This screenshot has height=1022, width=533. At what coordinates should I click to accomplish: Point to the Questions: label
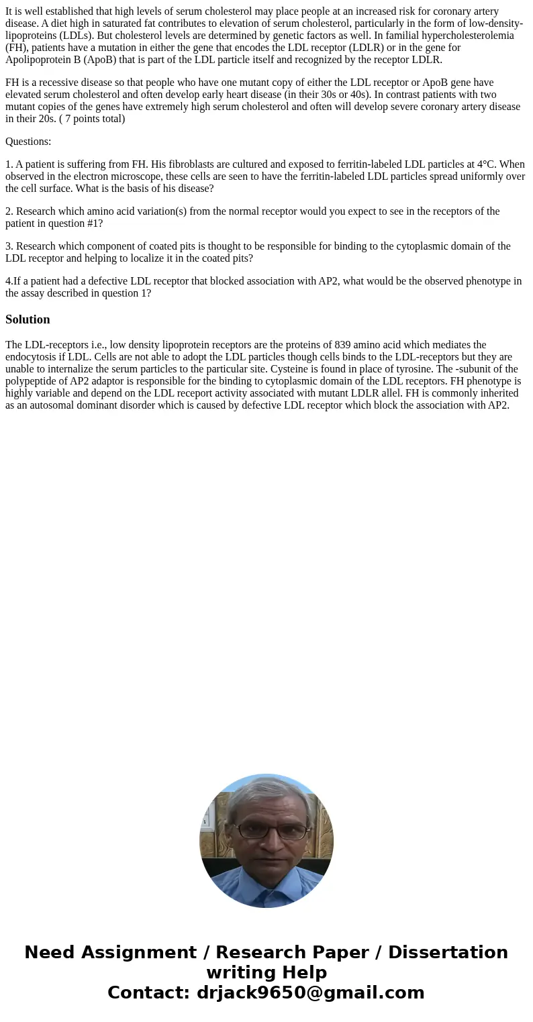tap(28, 142)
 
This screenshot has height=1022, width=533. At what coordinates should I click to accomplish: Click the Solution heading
tap(28, 319)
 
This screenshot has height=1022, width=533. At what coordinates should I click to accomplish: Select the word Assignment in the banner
tap(138, 952)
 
